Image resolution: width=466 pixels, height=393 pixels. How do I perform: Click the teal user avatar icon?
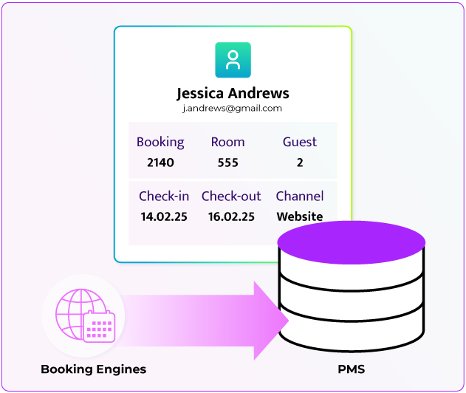233,60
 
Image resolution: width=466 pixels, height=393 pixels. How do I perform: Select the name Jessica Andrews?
233,94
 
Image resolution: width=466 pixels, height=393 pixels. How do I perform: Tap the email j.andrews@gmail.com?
233,109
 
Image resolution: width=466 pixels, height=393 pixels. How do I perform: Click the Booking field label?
160,142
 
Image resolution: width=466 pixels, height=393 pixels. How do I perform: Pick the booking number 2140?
160,163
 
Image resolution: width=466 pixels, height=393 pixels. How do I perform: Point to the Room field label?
227,142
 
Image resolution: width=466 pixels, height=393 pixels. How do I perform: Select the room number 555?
227,163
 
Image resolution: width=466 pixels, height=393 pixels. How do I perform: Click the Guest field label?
299,142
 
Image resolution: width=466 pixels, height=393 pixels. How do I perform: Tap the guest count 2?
299,163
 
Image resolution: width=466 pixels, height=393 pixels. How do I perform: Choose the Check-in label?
163,196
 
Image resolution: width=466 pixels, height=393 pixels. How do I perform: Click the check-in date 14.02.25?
163,217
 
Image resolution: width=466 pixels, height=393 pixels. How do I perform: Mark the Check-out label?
231,196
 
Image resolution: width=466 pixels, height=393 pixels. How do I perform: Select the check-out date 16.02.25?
231,217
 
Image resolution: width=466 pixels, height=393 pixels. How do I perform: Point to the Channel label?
299,196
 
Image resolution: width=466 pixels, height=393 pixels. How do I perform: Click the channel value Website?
299,217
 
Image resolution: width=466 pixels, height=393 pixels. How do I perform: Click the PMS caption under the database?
352,369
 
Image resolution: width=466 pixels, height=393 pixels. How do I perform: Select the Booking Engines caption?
93,369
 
